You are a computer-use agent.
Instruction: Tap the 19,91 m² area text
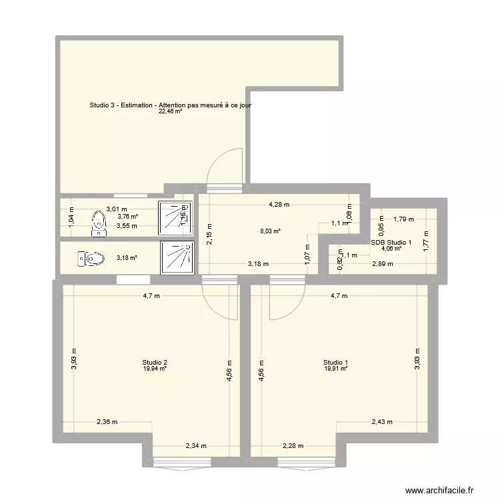(337, 368)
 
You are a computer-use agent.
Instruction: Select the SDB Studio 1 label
(391, 242)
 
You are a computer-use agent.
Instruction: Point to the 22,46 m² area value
(170, 112)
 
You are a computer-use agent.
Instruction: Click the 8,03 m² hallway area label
(270, 232)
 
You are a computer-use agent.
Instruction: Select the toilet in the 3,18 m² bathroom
(91, 257)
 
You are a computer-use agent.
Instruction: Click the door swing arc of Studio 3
(226, 165)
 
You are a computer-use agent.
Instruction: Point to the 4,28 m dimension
(279, 205)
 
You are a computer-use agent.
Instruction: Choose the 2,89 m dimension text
(382, 264)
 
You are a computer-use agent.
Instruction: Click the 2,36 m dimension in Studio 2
(107, 421)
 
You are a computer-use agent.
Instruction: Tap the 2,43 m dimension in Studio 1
(382, 421)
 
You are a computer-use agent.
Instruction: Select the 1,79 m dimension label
(403, 218)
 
